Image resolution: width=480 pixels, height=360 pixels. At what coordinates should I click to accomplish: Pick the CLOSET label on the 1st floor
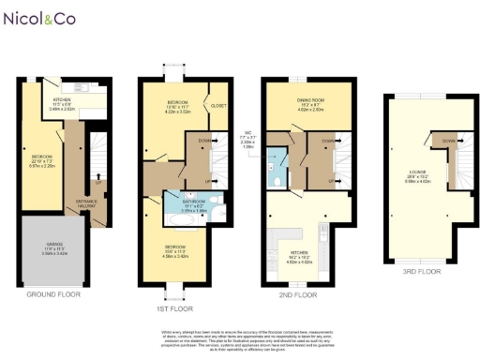click(x=218, y=106)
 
